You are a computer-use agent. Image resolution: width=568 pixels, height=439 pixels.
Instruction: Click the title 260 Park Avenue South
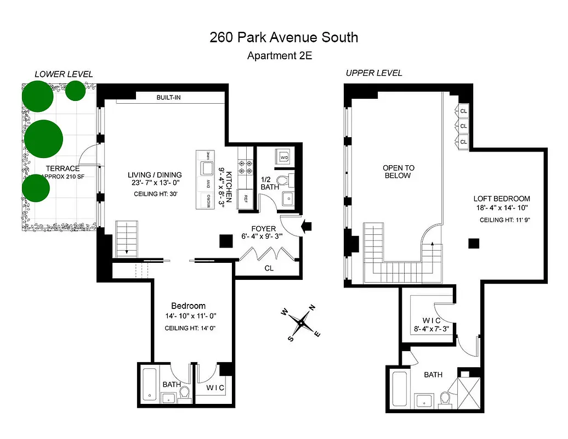tap(283, 37)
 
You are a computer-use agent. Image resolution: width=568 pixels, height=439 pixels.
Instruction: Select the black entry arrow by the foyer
tap(307, 224)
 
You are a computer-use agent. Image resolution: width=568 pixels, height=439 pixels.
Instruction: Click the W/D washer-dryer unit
tap(284, 157)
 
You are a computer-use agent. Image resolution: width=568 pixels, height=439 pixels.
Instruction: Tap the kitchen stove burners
tap(243, 164)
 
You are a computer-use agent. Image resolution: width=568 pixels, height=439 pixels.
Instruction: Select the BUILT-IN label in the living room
tap(168, 98)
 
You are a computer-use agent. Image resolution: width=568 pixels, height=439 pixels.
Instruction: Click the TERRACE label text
tap(63, 168)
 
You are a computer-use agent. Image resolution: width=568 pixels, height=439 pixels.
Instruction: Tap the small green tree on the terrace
tap(75, 90)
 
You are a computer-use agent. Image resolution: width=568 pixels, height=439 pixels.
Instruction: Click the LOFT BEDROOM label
tap(502, 199)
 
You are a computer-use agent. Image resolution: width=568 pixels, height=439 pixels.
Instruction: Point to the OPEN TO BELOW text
tap(398, 172)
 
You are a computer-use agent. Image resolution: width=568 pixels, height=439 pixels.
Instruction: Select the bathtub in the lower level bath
tap(149, 386)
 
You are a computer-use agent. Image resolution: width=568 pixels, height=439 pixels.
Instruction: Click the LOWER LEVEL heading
tap(64, 74)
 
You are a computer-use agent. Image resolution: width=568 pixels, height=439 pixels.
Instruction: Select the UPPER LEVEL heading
tap(374, 73)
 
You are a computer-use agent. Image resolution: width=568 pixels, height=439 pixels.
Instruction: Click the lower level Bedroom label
tap(188, 306)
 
